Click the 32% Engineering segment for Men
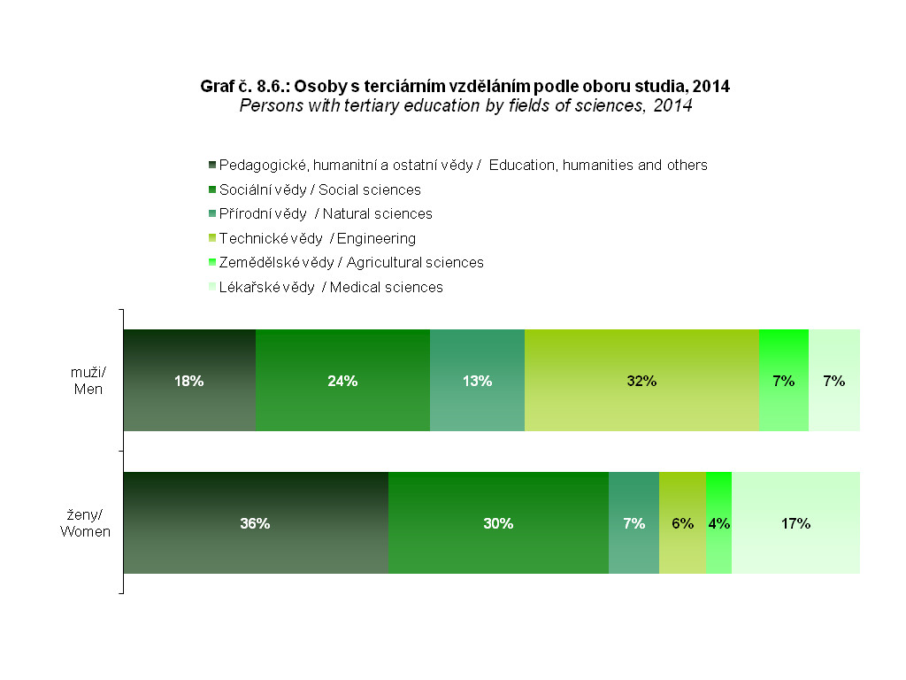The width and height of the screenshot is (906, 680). tap(641, 381)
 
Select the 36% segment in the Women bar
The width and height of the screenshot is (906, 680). tap(256, 522)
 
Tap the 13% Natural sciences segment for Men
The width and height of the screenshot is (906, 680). tap(477, 381)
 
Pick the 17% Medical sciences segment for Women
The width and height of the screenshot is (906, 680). tap(795, 522)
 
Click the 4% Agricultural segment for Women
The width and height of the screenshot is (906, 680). tap(718, 522)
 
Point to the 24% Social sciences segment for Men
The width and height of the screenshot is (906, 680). tap(342, 381)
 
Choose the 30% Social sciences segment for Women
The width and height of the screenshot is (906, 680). tap(498, 522)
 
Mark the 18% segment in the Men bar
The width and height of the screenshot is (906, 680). tap(189, 381)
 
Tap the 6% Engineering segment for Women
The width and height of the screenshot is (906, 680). tap(682, 522)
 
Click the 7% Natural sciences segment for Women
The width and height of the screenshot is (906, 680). tap(633, 522)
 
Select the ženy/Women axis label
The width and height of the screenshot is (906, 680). tap(85, 523)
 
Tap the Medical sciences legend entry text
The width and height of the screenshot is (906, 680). tap(331, 287)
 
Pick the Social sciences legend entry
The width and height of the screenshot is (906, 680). tap(320, 189)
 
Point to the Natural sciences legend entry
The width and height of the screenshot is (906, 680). tap(326, 213)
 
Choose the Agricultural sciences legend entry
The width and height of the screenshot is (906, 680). tap(351, 262)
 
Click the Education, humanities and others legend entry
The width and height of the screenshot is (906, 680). tap(463, 165)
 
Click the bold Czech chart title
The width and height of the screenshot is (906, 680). tap(465, 87)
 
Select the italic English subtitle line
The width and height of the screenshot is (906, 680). tap(465, 105)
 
